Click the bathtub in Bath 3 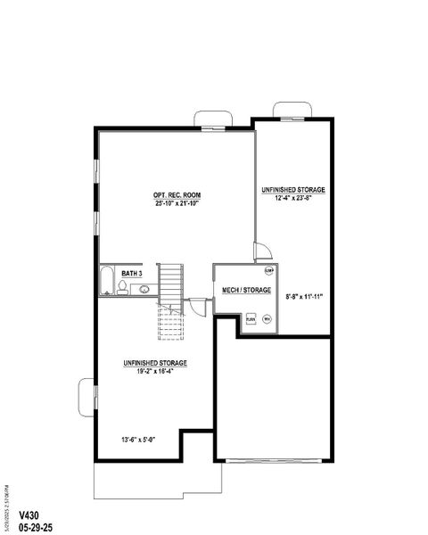tap(105, 281)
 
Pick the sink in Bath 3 tap(143, 289)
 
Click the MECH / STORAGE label tap(246, 290)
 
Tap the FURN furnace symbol tap(251, 318)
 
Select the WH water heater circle tap(267, 318)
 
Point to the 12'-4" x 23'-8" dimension tap(292, 198)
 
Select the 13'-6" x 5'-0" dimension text tap(137, 439)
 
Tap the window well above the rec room tap(212, 119)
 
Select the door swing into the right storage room tap(260, 251)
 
